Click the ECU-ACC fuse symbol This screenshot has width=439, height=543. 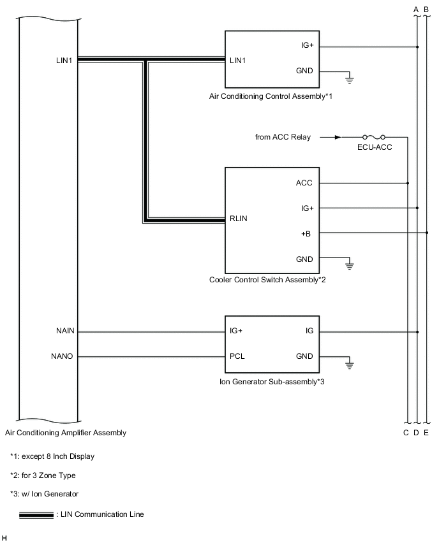point(373,136)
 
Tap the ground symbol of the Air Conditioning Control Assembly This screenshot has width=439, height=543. point(349,80)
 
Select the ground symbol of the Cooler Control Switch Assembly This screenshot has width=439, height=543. point(349,264)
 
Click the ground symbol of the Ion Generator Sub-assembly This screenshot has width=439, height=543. point(349,364)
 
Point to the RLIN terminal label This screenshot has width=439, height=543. point(238,219)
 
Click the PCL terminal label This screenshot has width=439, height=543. point(237,356)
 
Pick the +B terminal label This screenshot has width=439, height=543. point(306,233)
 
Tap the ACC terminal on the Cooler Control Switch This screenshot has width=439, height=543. point(304,183)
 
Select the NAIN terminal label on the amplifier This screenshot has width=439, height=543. point(64,331)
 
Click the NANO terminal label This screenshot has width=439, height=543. point(64,356)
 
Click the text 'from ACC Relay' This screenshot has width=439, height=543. point(283,137)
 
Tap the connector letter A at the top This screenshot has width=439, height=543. point(416,9)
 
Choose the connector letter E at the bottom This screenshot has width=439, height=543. point(426,433)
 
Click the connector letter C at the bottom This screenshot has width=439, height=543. point(406,433)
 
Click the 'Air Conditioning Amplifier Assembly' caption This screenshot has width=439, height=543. point(66,433)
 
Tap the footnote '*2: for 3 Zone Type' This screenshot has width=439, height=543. point(44,475)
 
